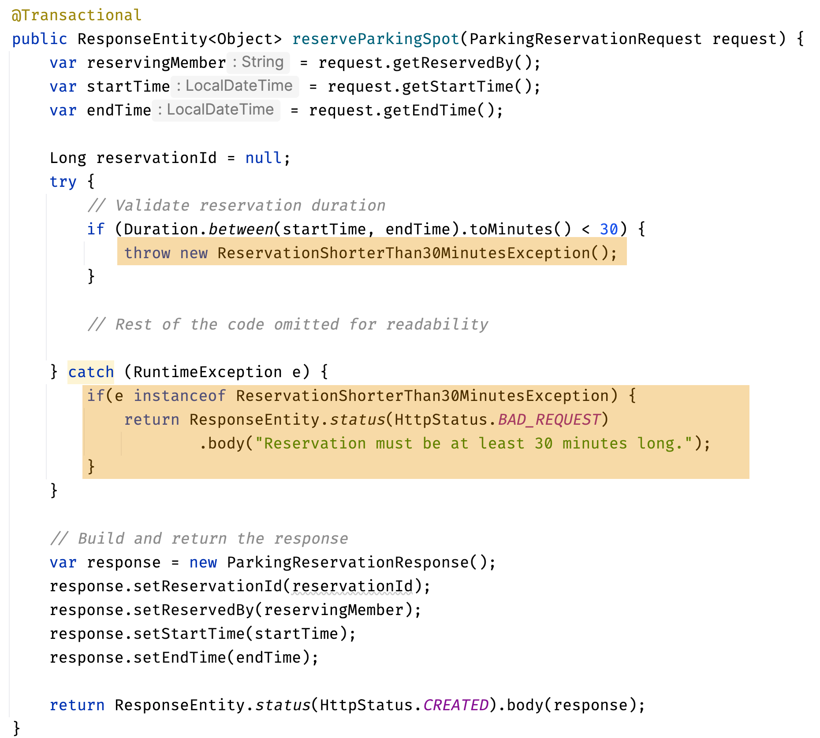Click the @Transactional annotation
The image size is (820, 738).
tap(76, 15)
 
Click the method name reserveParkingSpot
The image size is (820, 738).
tap(376, 39)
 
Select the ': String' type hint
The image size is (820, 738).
tap(258, 63)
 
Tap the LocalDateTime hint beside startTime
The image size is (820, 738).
tap(235, 86)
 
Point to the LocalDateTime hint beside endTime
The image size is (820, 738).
tap(216, 110)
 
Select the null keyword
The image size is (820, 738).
tap(263, 158)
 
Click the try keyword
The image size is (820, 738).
tap(63, 182)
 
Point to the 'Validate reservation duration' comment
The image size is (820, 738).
tap(236, 206)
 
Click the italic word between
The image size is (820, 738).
tap(241, 230)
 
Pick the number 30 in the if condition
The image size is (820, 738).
tap(608, 230)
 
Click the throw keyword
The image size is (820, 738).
tap(147, 253)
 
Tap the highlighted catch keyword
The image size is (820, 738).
tap(91, 372)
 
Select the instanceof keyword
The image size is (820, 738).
tap(179, 396)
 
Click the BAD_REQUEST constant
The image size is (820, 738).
tap(549, 420)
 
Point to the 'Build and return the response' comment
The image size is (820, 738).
tap(199, 539)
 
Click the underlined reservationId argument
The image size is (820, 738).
tap(352, 586)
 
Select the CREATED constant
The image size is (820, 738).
tap(456, 705)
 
